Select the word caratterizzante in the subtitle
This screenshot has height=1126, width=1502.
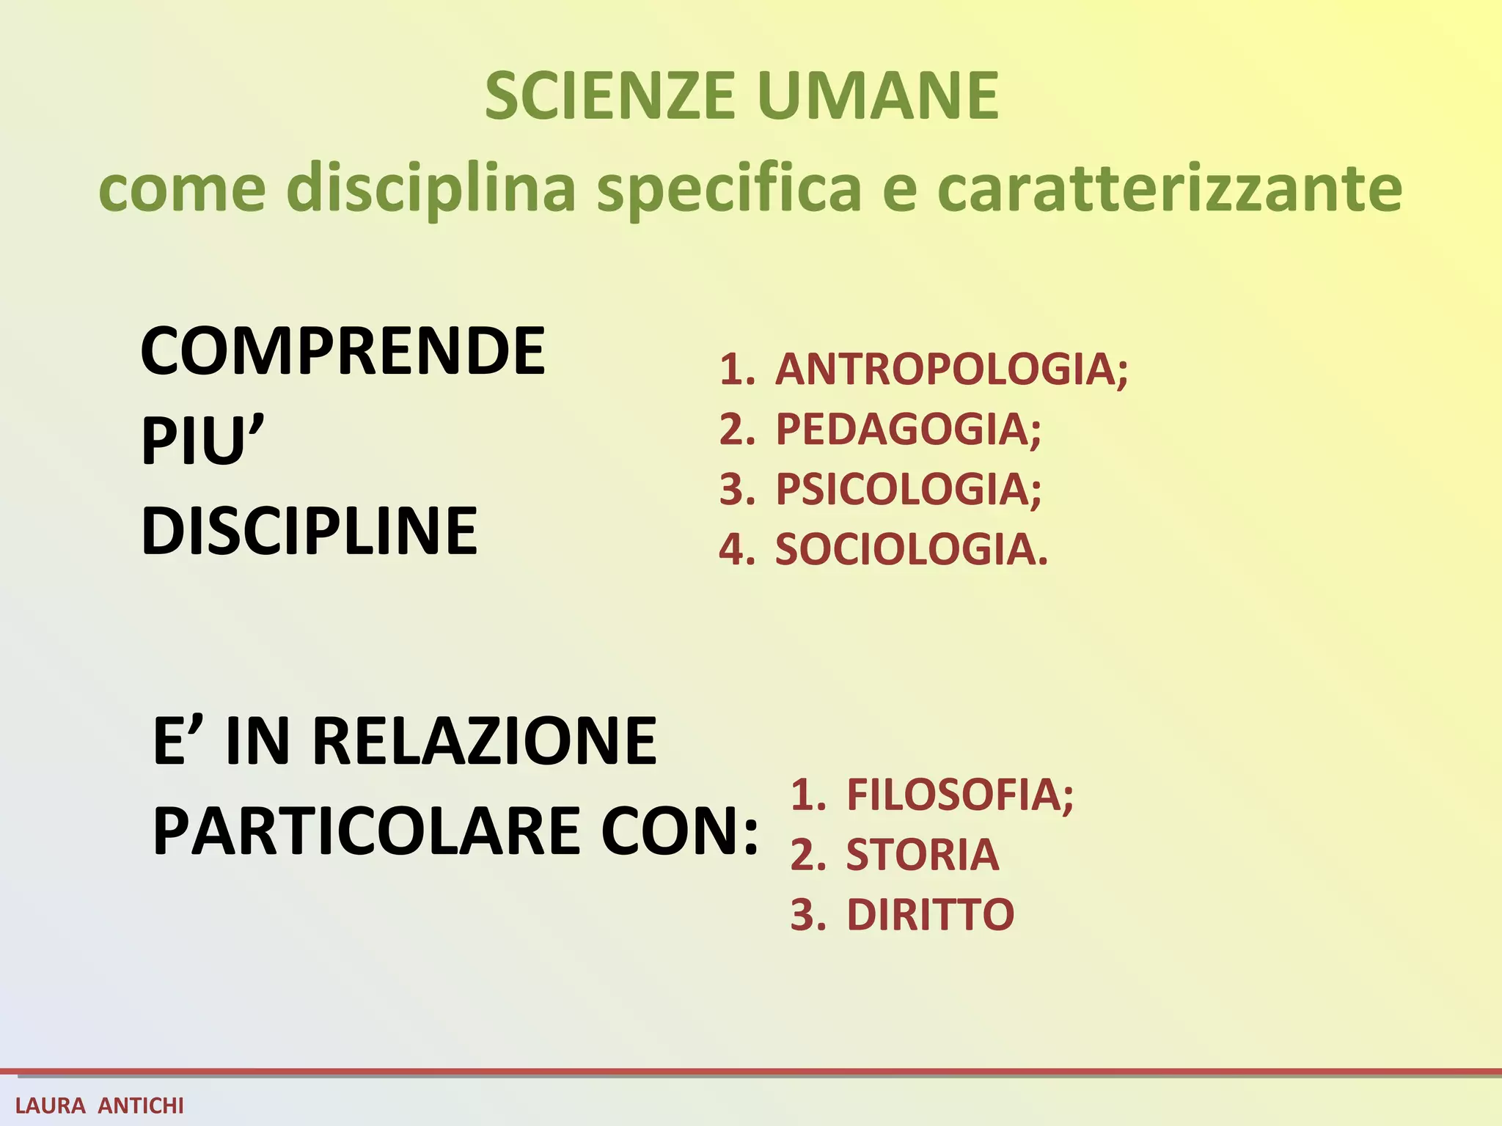1170,189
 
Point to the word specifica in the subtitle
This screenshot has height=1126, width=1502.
729,189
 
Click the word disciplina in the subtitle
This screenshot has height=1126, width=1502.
431,189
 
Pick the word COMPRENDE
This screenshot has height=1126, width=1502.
342,351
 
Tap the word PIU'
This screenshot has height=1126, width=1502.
202,441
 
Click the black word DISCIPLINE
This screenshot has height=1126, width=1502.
309,531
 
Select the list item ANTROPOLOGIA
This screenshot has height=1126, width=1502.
950,369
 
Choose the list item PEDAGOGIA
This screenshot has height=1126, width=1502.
907,429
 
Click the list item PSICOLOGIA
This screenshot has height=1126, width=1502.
907,489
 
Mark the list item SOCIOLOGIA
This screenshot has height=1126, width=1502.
911,549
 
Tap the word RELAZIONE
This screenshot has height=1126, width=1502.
484,741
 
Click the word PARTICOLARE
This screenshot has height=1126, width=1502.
366,831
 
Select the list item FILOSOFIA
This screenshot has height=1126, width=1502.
959,795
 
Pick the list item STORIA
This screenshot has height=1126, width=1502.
922,855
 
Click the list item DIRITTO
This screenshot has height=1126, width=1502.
930,915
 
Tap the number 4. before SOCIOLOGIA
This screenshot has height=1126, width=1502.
736,549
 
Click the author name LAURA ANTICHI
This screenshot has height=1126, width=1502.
100,1105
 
